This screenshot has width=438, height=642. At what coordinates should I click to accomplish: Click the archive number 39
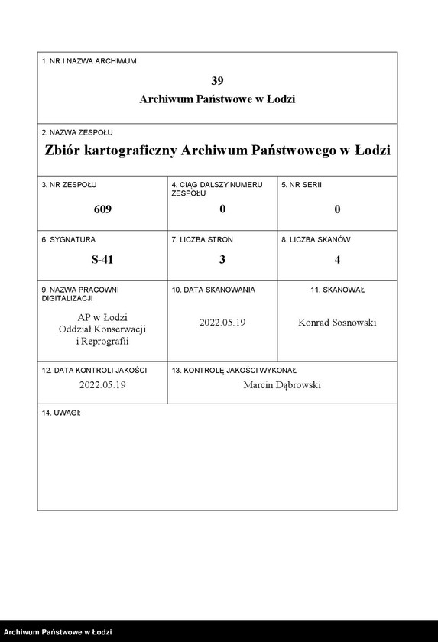tap(217, 80)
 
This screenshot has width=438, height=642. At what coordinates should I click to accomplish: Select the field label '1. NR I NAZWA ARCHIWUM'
tap(89, 61)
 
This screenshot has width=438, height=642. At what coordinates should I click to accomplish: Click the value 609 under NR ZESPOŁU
tap(102, 209)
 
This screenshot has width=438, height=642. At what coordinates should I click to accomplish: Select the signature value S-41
tap(102, 259)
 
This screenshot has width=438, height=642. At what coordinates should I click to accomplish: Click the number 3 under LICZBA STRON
tap(222, 259)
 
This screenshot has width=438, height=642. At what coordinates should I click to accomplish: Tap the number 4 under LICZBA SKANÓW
tap(337, 259)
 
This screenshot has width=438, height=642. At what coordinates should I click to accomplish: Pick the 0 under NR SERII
tap(337, 209)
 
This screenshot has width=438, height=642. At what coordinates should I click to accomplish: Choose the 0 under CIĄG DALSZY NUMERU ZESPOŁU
tap(222, 209)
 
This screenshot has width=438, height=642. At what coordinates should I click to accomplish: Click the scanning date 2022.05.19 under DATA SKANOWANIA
tap(222, 323)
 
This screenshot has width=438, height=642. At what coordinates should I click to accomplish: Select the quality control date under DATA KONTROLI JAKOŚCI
tap(102, 385)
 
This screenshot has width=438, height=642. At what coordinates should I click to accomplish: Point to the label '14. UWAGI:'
tap(61, 413)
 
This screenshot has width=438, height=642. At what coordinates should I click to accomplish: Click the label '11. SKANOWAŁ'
tap(337, 290)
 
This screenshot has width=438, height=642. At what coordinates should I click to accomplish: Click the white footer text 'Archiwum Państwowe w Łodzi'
tap(58, 633)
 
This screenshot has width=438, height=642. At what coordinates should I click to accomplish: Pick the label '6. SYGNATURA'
tap(69, 240)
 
